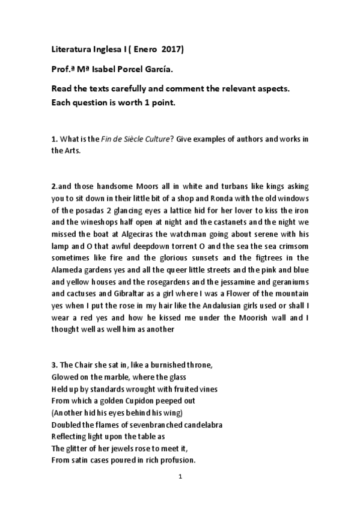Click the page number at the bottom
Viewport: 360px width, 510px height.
pos(180,477)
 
